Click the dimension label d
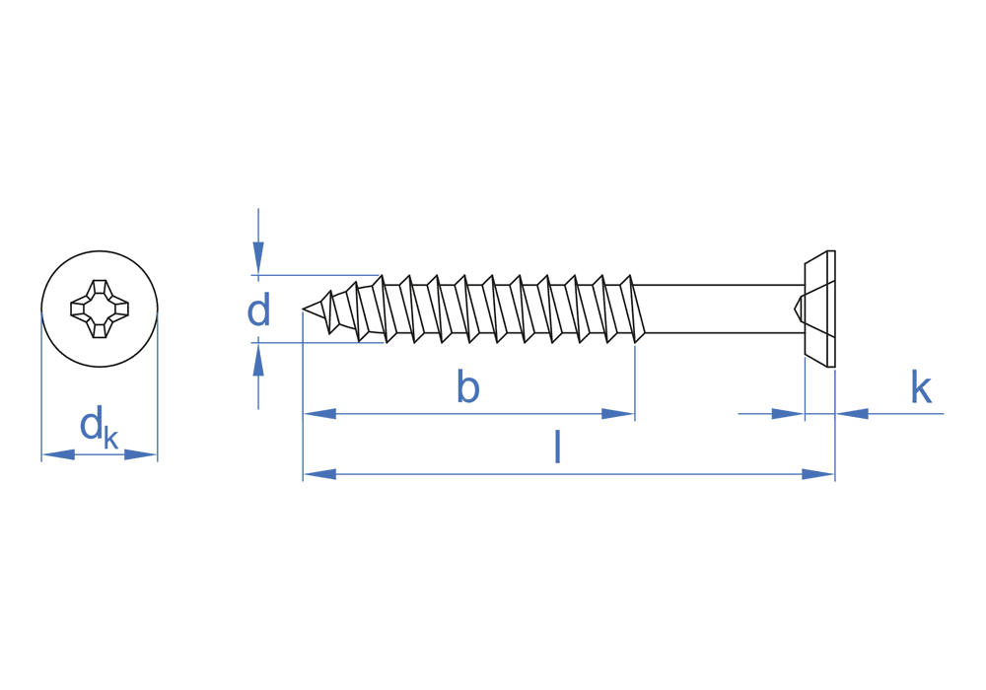click(x=258, y=311)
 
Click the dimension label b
click(x=468, y=388)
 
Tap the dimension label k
click(x=921, y=388)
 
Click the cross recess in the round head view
click(x=100, y=310)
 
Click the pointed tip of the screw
click(x=306, y=310)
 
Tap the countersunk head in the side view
click(x=818, y=310)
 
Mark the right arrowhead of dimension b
click(x=618, y=414)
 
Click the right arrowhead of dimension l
click(x=818, y=474)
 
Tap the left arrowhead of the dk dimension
click(x=58, y=454)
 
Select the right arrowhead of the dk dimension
click(x=141, y=454)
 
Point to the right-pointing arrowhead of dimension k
click(x=788, y=414)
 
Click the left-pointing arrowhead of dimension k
click(x=852, y=414)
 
